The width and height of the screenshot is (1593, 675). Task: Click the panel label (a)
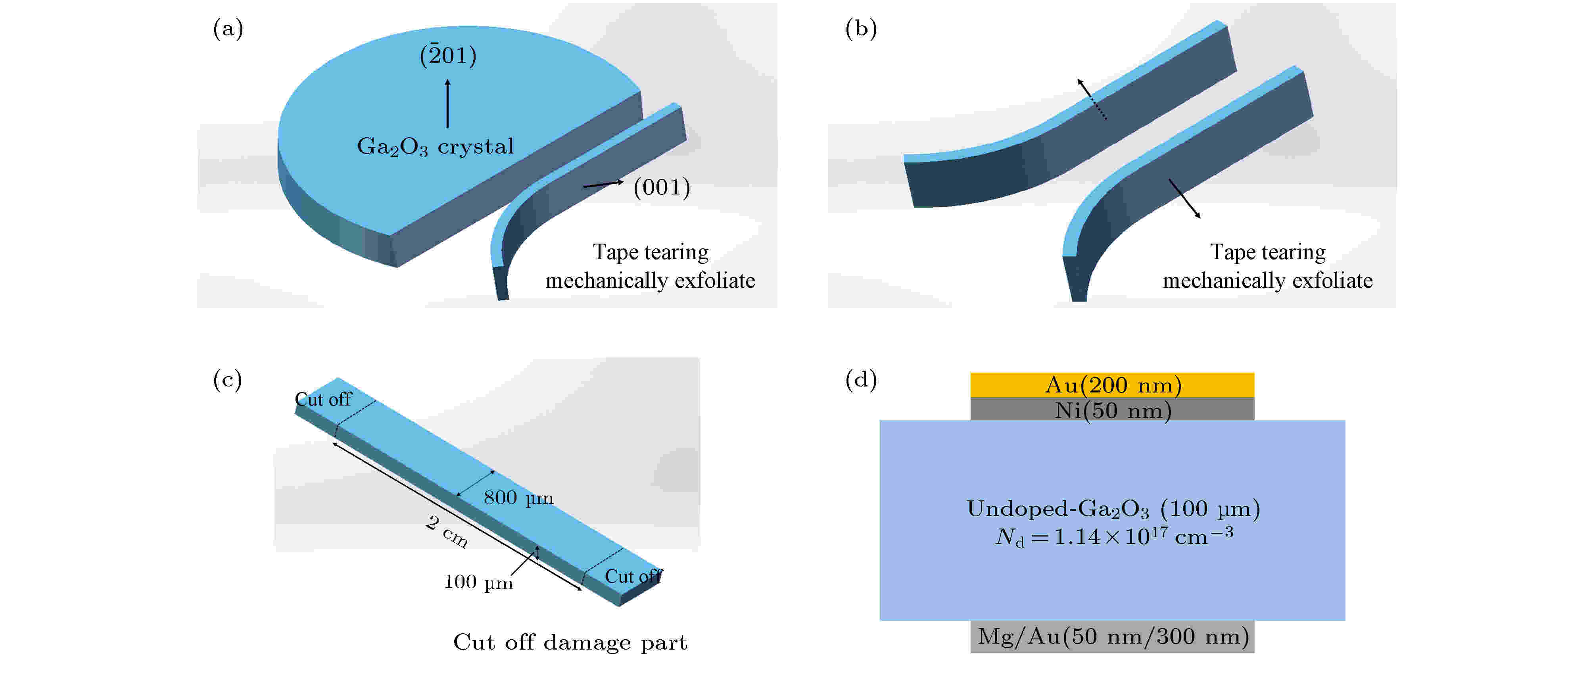(x=228, y=29)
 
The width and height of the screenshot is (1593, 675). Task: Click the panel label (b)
(x=860, y=29)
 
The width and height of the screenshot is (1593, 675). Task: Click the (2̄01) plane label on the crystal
(x=448, y=56)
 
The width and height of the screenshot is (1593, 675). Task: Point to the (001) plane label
(x=661, y=187)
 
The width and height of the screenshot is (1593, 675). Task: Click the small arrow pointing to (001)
(x=603, y=184)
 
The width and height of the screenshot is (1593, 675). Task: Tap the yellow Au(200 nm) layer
(x=1112, y=385)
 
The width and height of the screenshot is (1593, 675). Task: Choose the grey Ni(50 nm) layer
(x=1112, y=410)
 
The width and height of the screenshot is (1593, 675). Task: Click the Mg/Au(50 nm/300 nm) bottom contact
(x=1112, y=637)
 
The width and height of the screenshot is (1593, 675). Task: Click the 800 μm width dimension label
(x=518, y=498)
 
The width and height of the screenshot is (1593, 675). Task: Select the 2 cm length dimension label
(x=447, y=531)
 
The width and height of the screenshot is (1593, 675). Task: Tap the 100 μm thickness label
(x=478, y=582)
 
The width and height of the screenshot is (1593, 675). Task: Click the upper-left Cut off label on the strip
(x=323, y=400)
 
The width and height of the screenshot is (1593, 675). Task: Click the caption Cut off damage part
(x=570, y=642)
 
